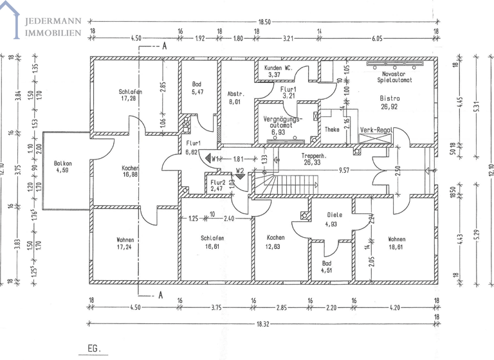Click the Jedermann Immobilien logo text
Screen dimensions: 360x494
(x=52, y=26)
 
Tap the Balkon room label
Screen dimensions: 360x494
(x=62, y=163)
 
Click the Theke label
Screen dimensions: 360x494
(x=332, y=129)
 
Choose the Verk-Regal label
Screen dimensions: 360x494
(x=376, y=129)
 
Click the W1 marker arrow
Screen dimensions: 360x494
(x=208, y=157)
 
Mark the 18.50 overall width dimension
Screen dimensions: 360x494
(x=264, y=21)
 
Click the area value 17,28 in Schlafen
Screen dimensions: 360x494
(x=130, y=99)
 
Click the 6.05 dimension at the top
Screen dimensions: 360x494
(x=378, y=38)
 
